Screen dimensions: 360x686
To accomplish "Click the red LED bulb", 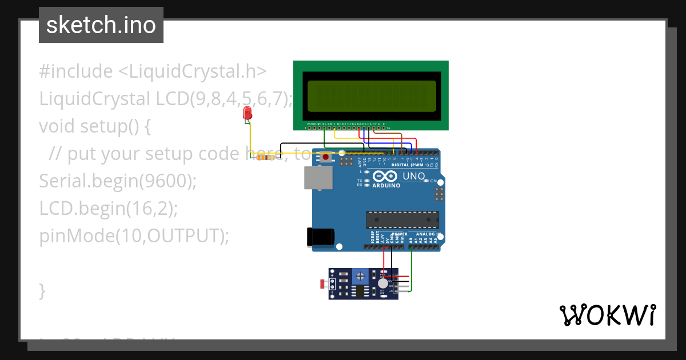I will tap(247, 112).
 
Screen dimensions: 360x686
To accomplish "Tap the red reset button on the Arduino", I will tap(326, 157).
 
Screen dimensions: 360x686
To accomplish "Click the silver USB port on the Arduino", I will tap(316, 178).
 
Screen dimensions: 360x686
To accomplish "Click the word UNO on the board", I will tap(413, 177).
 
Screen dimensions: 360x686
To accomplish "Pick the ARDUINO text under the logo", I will tap(387, 186).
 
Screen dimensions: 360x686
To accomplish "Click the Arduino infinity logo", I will tap(386, 177).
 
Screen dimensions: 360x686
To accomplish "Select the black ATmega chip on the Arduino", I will tap(402, 219).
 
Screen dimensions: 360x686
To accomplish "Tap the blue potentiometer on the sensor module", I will tap(360, 276).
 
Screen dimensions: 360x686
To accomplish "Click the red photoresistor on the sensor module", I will tap(323, 283).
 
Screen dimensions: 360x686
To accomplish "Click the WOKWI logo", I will tap(607, 315).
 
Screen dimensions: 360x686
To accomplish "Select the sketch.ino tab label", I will tap(101, 25).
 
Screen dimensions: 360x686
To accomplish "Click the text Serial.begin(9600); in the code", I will tap(118, 181).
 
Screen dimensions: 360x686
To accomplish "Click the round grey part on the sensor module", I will tap(382, 283).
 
